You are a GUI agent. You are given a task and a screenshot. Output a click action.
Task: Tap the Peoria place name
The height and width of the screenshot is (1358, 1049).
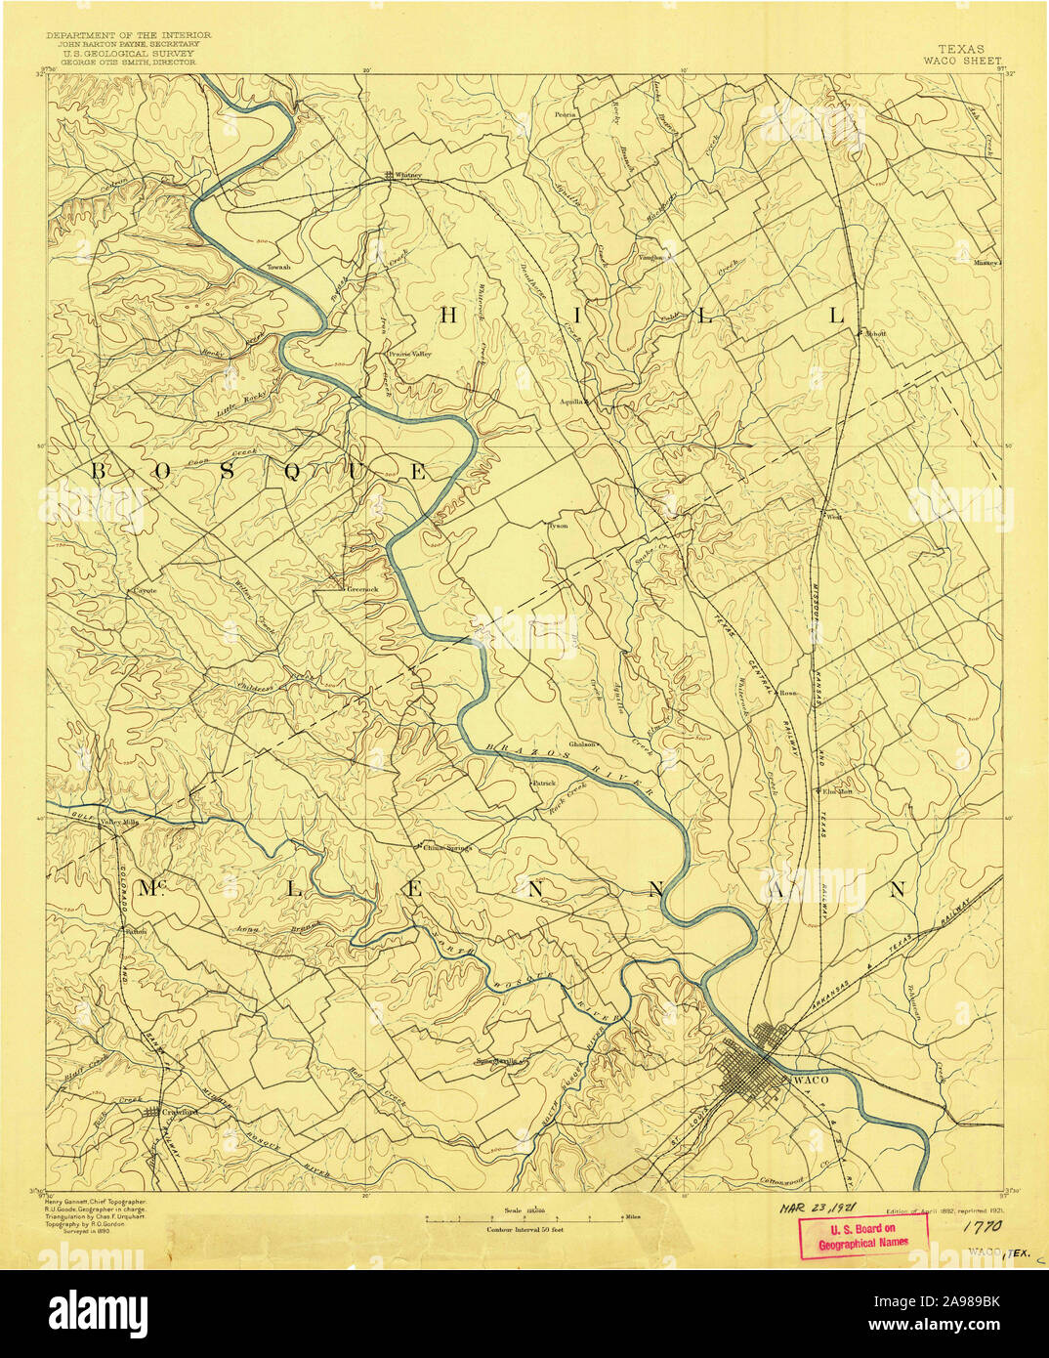pos(564,114)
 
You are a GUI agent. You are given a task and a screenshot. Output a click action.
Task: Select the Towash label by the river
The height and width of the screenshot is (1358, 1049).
pos(279,267)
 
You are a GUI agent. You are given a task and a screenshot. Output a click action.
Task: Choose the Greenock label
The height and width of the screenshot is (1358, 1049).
pos(356,590)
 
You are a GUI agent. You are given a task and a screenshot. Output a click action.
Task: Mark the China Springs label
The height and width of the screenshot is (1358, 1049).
pos(447,848)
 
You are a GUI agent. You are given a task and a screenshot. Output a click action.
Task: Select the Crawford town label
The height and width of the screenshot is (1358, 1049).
pos(180,1112)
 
